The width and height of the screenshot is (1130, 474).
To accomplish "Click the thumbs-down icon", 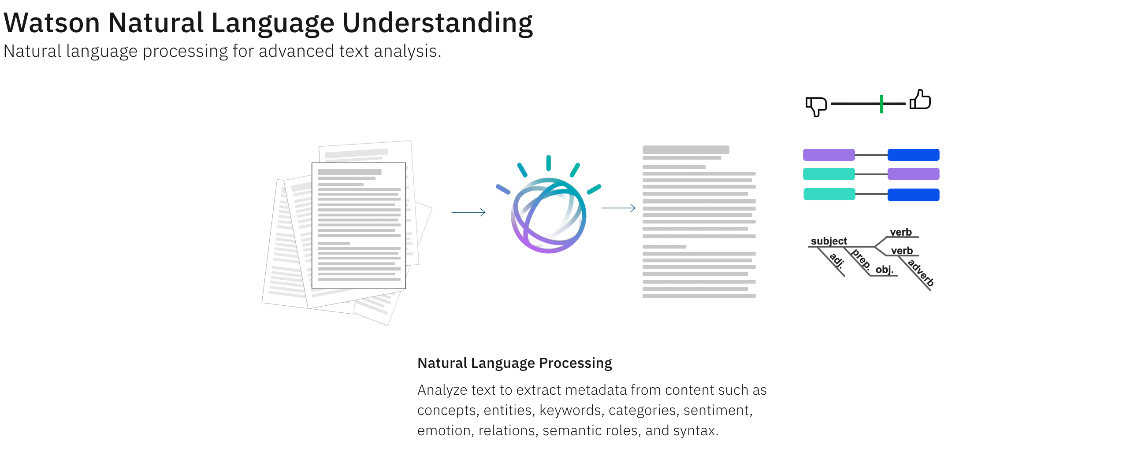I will tap(816, 106).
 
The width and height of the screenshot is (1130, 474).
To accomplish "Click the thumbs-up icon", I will tap(920, 100).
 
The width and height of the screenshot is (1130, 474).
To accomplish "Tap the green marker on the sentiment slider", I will tap(881, 104).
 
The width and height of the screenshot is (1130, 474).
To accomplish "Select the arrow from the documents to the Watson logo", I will tap(468, 212).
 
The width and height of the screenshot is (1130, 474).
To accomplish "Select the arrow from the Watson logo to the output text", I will tap(618, 208).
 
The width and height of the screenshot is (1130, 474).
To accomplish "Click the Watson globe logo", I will tap(548, 215).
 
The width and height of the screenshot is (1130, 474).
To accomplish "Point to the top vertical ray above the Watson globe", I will tap(548, 163).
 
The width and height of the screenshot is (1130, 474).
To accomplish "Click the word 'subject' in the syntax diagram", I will tap(829, 241).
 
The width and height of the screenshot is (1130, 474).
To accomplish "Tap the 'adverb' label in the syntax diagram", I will tap(921, 273).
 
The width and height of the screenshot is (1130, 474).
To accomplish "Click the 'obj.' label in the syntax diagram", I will tap(884, 270).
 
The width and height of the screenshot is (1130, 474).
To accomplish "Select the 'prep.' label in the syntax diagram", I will tap(860, 259).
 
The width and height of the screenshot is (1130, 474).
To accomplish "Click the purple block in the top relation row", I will tap(829, 155).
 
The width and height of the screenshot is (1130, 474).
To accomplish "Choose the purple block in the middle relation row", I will tap(913, 174).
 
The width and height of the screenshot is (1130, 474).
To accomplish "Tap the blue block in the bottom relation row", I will tap(913, 195).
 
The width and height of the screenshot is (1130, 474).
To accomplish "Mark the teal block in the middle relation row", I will tap(829, 174).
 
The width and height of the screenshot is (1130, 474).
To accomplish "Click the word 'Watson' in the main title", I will tap(52, 23).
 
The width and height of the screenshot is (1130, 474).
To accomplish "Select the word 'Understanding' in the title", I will tap(437, 23).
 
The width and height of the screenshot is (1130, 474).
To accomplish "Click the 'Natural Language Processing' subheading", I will tap(514, 363).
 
